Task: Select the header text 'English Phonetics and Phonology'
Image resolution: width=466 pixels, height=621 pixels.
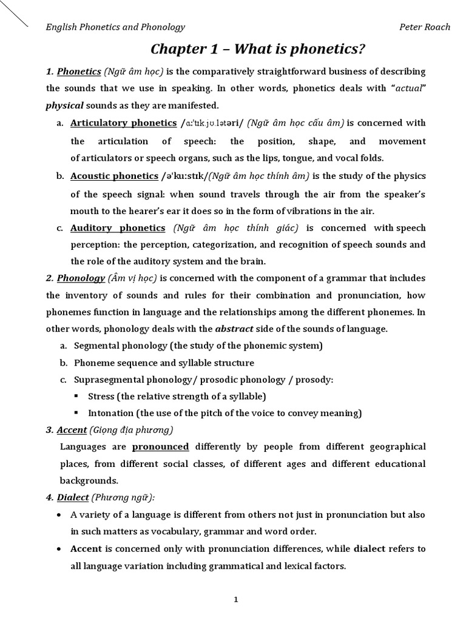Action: click(116, 27)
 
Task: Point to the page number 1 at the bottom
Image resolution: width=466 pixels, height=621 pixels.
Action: click(236, 583)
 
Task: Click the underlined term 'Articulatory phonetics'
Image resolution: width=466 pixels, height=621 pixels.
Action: click(123, 123)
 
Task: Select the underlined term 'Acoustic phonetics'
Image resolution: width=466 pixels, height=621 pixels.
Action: click(114, 176)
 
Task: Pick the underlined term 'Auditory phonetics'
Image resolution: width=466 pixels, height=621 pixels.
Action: click(118, 228)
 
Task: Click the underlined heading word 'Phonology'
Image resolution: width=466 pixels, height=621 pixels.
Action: click(81, 278)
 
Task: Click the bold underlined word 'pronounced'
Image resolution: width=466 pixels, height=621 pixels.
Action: click(160, 447)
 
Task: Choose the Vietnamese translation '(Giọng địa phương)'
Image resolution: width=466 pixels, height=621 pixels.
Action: click(131, 430)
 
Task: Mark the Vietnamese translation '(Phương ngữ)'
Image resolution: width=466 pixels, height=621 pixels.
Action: click(123, 497)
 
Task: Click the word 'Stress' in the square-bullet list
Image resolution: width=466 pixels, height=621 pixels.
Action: click(101, 397)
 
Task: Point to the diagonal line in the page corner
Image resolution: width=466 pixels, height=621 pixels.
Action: click(13, 13)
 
